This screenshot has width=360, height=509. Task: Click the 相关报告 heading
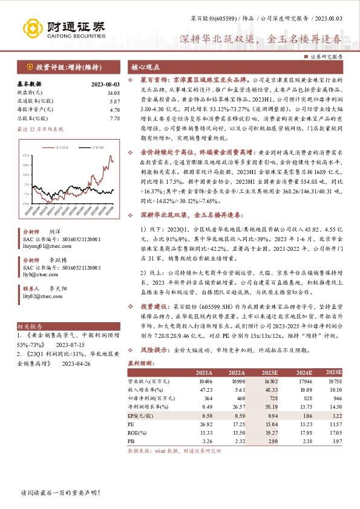(x=29, y=325)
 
